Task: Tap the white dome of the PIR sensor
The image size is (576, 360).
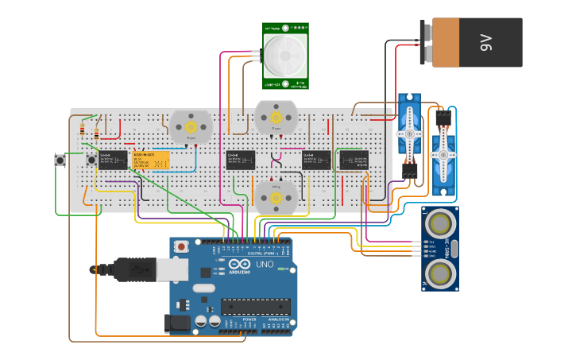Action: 285,56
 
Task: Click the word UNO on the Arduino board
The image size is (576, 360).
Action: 265,264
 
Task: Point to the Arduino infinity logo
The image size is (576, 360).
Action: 239,265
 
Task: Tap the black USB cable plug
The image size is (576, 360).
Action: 132,270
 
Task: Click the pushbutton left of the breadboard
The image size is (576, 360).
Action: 60,160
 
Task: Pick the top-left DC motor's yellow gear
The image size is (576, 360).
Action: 191,126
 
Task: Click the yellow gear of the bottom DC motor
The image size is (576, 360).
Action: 276,196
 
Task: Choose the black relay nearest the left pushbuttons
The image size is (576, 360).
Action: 113,160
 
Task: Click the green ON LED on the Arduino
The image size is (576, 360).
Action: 283,269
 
